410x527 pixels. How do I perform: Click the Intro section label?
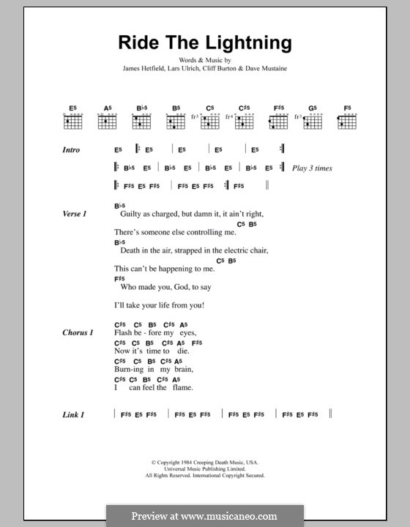(71, 150)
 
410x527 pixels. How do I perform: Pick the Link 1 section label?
(73, 415)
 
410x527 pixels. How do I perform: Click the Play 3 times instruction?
(312, 168)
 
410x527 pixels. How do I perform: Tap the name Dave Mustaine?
(277, 70)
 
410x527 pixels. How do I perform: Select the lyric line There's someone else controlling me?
(176, 232)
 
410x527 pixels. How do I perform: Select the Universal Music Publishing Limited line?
(204, 469)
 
